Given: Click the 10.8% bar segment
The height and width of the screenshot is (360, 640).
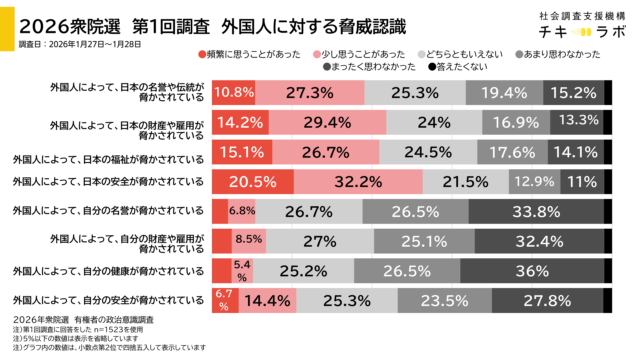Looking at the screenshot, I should pyautogui.click(x=234, y=92).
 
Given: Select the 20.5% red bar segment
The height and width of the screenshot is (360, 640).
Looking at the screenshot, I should pyautogui.click(x=252, y=183).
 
